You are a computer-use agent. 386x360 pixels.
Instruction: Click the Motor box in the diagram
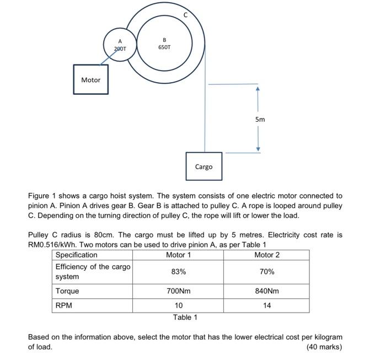coord(91,80)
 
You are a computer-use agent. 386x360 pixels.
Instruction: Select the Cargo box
coord(203,166)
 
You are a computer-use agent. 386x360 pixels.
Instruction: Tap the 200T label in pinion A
coord(120,49)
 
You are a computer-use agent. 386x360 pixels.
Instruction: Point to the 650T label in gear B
coord(164,47)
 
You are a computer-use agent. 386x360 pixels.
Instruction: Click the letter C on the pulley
coord(185,15)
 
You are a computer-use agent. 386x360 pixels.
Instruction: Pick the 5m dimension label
coord(260,119)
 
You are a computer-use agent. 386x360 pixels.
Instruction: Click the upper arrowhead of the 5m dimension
coord(257,88)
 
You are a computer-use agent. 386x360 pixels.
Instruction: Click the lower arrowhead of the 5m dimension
coord(257,149)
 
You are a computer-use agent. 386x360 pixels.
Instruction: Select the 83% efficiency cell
coord(179,272)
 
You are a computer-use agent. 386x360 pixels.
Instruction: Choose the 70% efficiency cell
coord(267,272)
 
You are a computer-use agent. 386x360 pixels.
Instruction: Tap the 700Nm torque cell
coord(179,291)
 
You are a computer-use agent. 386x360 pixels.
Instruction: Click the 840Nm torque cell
coord(267,291)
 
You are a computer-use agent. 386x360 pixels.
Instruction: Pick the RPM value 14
coord(267,305)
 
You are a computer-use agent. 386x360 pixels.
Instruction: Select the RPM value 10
coord(179,305)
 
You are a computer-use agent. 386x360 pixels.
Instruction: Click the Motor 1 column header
coord(179,255)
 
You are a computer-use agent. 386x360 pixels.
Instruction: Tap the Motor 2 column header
coord(267,255)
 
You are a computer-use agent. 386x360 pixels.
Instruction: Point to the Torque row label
coord(67,291)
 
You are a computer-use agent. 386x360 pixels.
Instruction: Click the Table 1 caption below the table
coord(185,317)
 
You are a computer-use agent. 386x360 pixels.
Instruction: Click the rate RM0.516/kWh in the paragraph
coord(53,244)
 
